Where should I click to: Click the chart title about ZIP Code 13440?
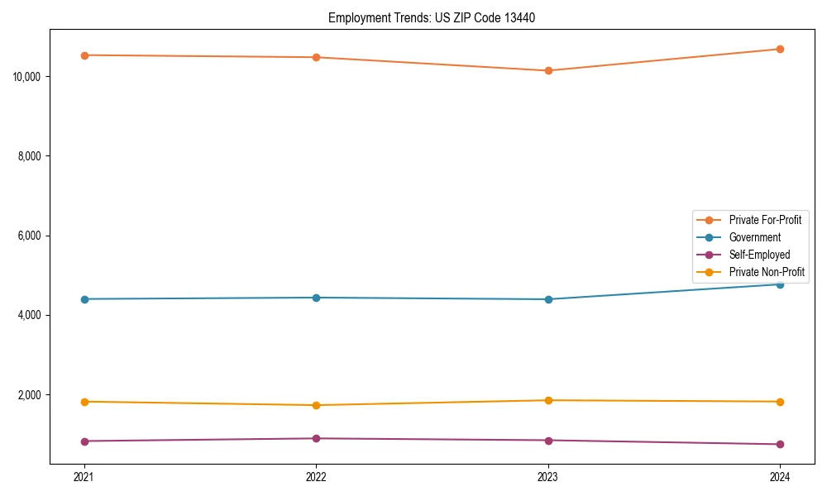pos(432,17)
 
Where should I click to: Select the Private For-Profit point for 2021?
pos(84,55)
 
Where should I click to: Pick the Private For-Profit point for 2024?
pos(780,49)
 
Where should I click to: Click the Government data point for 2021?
pos(84,299)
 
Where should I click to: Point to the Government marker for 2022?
pos(316,298)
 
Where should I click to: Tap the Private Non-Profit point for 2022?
pos(316,405)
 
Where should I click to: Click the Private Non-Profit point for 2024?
pos(780,402)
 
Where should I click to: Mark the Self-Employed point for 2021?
pos(84,441)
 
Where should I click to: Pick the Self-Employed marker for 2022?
pos(316,438)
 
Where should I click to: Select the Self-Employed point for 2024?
pos(780,445)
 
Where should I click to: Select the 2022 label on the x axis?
pos(316,476)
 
